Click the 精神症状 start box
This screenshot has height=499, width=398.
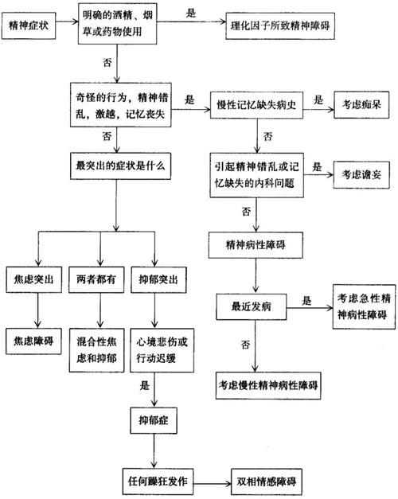tap(29, 25)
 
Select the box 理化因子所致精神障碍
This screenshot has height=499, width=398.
tap(280, 25)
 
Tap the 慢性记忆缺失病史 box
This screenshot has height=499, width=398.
tap(256, 105)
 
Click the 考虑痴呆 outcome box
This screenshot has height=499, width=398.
tap(361, 105)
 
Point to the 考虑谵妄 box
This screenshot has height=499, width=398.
tap(361, 175)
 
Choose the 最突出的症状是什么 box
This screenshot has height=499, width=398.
tap(120, 166)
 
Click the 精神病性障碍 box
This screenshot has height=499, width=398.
tap(256, 245)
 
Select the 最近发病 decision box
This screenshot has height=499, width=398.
tap(252, 306)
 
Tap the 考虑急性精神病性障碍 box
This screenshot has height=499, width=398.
tap(364, 306)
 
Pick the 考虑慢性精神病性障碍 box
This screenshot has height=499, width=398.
tap(268, 385)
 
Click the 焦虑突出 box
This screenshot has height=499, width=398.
tap(33, 279)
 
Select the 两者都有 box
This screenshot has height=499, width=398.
tap(96, 279)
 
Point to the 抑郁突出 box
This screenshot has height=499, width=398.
tap(158, 279)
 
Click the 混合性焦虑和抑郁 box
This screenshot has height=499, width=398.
tap(96, 350)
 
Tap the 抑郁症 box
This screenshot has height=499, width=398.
tap(154, 420)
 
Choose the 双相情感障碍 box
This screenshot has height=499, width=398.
tap(267, 481)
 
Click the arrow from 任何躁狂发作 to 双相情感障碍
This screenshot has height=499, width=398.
tap(212, 484)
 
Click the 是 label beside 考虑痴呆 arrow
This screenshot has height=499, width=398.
tap(318, 100)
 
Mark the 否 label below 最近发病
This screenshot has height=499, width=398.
tap(245, 345)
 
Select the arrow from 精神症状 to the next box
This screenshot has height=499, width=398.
tap(67, 21)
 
